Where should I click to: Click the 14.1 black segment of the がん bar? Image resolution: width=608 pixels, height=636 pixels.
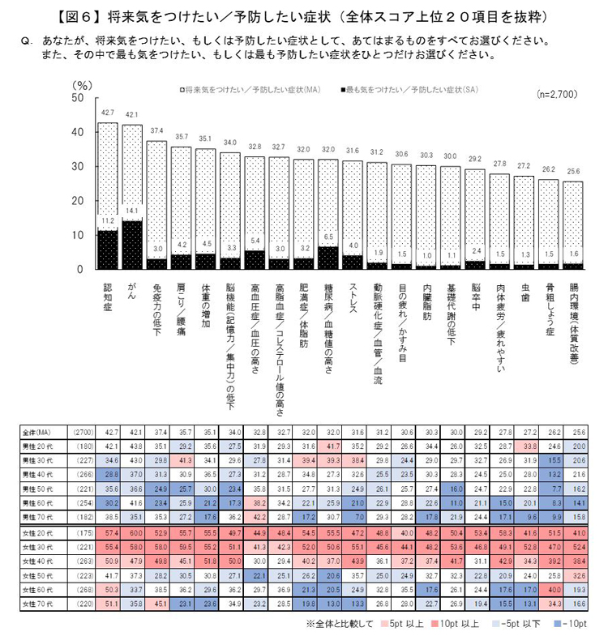tap(132, 244)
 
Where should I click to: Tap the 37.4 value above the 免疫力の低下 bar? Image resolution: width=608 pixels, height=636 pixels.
tap(157, 131)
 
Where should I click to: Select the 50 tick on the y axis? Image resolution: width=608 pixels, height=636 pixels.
tap(78, 98)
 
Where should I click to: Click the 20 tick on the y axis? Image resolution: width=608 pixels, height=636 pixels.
tap(78, 201)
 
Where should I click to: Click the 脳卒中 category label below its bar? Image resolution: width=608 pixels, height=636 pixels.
tap(476, 294)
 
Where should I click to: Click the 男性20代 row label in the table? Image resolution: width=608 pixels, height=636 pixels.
tap(38, 446)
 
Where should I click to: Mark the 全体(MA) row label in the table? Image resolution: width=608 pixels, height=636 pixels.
tap(38, 433)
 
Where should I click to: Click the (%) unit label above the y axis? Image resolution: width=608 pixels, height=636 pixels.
tap(82, 83)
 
